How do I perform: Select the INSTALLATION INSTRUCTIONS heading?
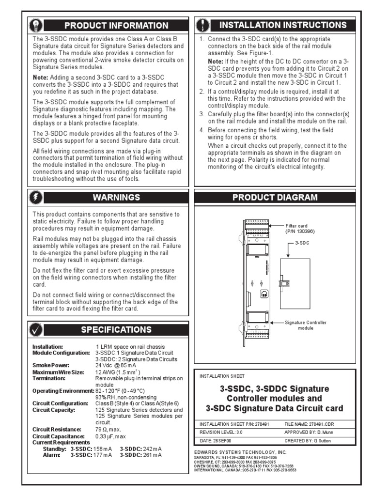[283, 25]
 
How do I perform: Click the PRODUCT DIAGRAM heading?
[275, 197]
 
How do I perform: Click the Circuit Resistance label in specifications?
[55, 429]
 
